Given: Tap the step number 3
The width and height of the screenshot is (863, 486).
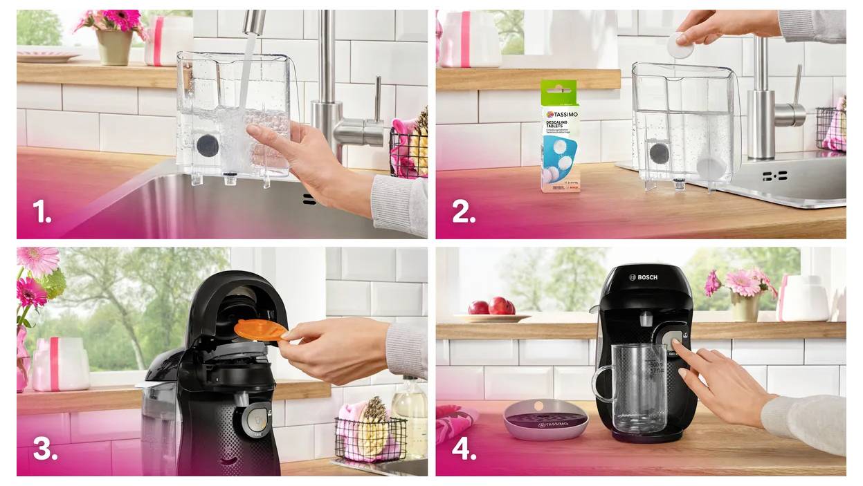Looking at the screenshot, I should point(45,449).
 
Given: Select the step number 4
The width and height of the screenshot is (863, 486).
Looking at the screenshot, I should point(464,449).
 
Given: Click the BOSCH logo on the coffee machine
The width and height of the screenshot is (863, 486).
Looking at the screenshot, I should point(643,277).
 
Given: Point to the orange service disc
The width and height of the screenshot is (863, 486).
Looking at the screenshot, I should point(260,329).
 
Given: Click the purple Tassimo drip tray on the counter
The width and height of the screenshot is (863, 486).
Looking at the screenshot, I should point(545,419).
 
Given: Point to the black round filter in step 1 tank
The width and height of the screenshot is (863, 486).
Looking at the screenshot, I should point(206,145).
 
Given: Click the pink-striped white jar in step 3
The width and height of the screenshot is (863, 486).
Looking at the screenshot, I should point(61,364).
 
